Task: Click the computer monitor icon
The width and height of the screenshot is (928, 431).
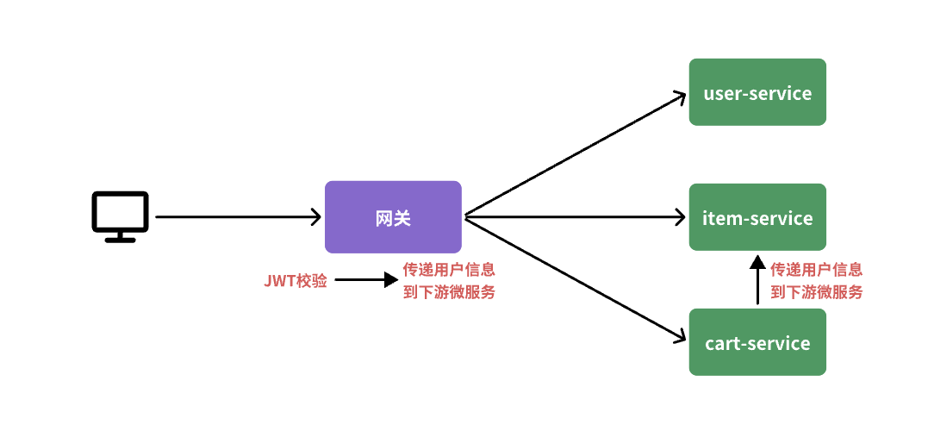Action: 120,214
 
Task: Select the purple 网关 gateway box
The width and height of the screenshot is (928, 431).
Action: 393,217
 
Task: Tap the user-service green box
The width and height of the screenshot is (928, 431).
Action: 757,92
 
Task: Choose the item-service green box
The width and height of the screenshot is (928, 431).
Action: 757,217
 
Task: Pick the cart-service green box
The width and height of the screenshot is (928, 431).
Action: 757,342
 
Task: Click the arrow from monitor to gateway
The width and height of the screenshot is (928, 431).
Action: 237,217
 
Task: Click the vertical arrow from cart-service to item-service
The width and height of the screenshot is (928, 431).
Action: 757,280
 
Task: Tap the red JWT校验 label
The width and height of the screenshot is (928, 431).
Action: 295,281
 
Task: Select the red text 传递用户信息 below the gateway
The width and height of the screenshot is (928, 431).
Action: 449,269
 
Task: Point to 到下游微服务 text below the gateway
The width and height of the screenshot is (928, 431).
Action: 449,292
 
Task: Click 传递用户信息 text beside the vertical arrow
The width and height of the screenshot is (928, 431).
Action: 816,269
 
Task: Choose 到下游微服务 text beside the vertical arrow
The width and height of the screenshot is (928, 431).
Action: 816,292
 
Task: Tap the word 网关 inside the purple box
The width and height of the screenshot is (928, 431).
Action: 393,218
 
